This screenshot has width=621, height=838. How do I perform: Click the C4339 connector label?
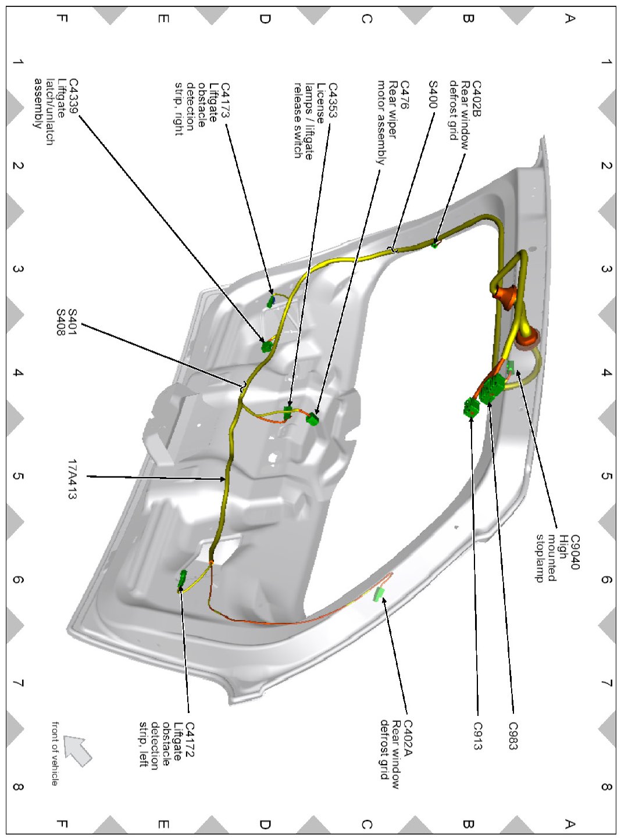(73, 96)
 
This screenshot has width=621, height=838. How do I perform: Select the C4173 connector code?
(224, 101)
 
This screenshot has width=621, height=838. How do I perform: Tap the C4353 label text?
(333, 101)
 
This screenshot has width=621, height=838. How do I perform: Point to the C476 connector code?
(404, 95)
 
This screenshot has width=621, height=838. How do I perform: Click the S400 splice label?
(433, 95)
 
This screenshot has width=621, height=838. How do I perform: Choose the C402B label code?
(477, 99)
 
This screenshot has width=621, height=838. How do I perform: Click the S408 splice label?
(60, 323)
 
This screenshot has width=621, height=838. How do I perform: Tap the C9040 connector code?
(575, 552)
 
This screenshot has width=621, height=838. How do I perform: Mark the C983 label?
(512, 736)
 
